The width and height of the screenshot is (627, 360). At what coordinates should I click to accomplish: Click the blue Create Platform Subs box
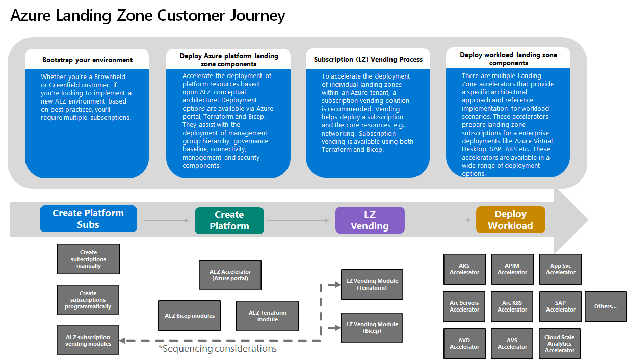[88, 219]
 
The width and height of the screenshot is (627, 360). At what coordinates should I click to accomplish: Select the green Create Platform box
[229, 220]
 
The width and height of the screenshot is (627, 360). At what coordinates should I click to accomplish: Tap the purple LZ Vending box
[370, 220]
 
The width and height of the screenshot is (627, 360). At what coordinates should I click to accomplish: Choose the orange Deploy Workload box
[510, 220]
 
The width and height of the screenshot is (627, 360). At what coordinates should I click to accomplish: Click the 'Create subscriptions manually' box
[89, 259]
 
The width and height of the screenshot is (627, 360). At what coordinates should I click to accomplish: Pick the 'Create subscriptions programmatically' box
[88, 300]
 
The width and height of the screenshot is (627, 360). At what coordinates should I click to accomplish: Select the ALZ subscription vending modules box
[88, 340]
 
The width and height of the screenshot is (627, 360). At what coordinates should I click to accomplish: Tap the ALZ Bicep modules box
[190, 316]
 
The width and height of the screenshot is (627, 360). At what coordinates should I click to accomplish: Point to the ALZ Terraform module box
[268, 316]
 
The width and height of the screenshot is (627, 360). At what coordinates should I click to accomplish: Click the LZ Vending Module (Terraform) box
[372, 285]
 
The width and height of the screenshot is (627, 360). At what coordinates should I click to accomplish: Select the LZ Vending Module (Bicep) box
[372, 327]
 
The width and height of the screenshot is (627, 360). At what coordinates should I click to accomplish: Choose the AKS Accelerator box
[464, 269]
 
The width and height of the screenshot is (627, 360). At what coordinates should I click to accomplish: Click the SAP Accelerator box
[560, 306]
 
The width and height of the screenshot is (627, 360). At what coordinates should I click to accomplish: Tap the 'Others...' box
[606, 306]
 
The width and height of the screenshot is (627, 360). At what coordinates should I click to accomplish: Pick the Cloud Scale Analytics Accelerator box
[560, 344]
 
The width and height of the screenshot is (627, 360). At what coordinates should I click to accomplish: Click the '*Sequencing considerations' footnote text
[218, 349]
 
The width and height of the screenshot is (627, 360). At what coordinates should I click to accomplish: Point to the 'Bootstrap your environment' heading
[87, 60]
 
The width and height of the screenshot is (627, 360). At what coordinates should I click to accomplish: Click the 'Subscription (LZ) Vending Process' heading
[368, 59]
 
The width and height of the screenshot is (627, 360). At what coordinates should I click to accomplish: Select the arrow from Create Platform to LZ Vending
[299, 221]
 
